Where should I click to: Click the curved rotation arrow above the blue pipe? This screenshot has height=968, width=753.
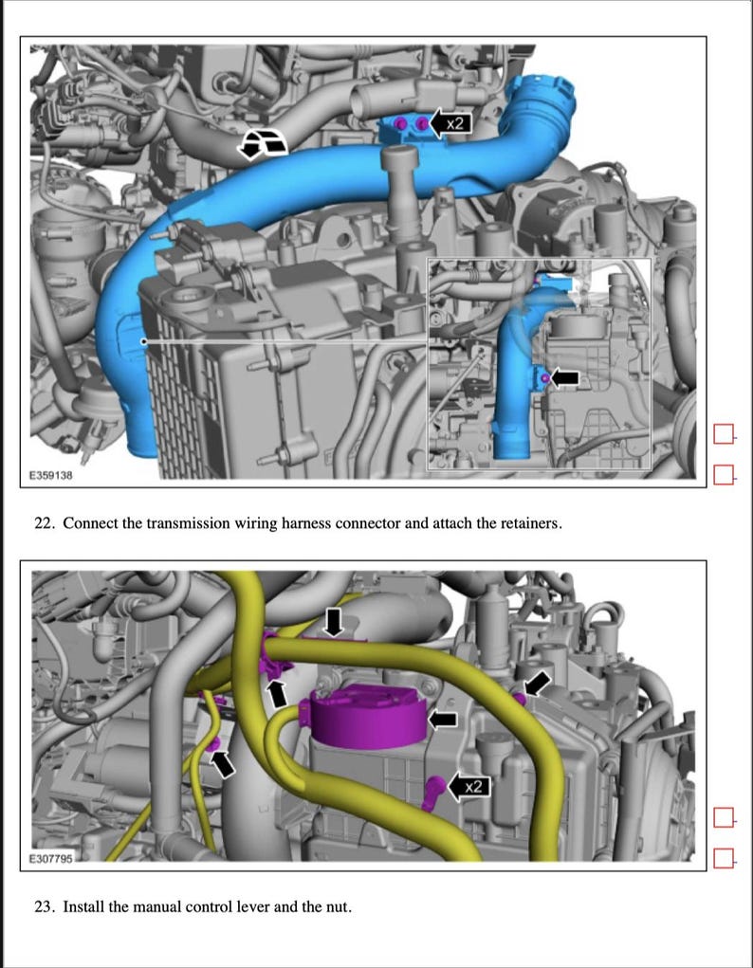(x=263, y=144)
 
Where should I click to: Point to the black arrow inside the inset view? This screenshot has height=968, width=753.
(x=564, y=378)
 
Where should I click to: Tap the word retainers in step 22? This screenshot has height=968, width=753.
(x=531, y=522)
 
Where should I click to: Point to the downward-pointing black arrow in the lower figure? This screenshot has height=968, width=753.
(x=334, y=623)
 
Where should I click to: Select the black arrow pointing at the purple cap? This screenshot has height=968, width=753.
(x=442, y=720)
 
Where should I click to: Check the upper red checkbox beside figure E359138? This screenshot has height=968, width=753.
(x=725, y=434)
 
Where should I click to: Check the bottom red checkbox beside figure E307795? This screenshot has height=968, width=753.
(x=725, y=858)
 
